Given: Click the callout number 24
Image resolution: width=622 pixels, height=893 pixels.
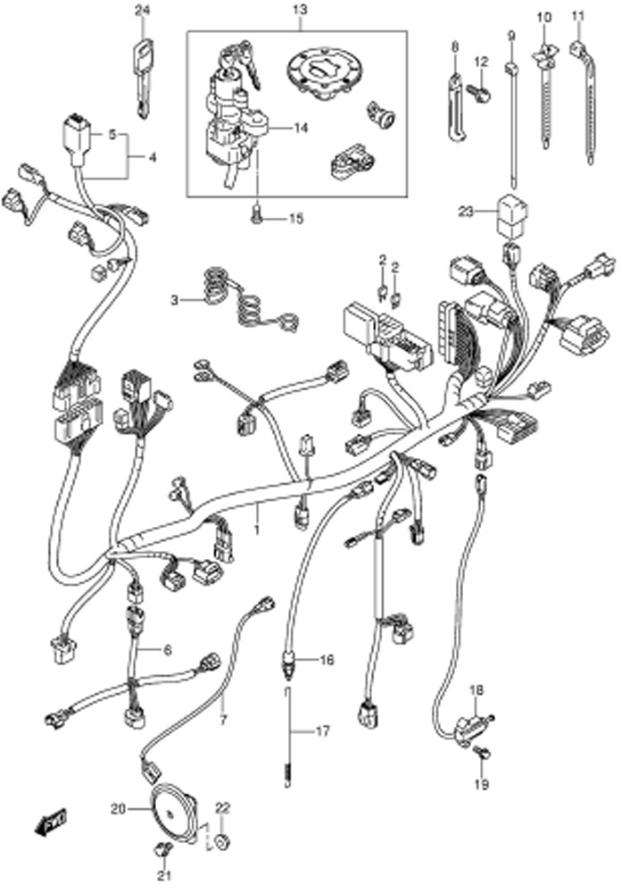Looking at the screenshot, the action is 141,9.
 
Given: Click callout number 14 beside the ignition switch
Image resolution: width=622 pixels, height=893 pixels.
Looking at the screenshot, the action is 301,128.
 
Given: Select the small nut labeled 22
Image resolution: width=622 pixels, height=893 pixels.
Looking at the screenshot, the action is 222,840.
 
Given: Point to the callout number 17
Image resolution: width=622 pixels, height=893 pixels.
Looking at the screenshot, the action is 322,731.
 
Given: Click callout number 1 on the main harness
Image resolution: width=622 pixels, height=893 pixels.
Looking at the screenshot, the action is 257,530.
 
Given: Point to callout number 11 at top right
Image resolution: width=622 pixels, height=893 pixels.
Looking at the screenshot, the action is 578,16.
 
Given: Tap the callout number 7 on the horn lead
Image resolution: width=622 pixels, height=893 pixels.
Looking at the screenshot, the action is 222,721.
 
